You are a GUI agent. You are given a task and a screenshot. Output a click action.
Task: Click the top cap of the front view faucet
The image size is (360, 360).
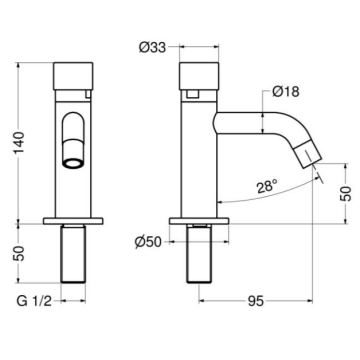(74, 76)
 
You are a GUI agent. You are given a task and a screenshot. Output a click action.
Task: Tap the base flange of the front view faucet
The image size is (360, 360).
(74, 219)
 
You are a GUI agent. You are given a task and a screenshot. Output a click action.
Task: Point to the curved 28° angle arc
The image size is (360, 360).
(270, 203)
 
